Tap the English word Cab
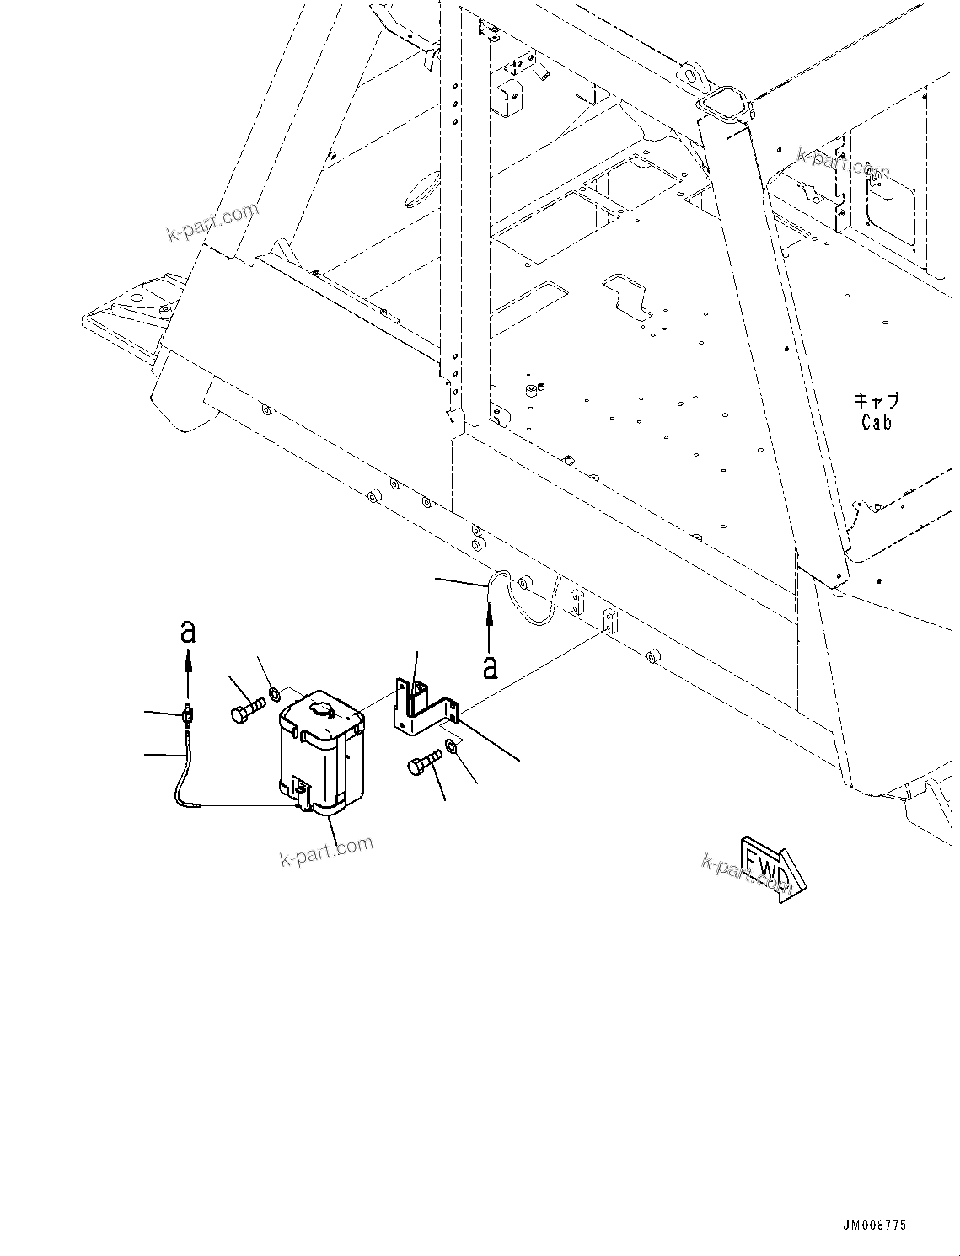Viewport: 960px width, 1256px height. [877, 422]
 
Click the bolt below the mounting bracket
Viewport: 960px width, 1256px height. [423, 763]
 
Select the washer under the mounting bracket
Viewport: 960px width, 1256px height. [452, 746]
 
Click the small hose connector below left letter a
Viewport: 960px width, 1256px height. [188, 717]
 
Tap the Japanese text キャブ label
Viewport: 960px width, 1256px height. [877, 401]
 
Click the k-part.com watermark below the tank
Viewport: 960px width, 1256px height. [326, 851]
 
